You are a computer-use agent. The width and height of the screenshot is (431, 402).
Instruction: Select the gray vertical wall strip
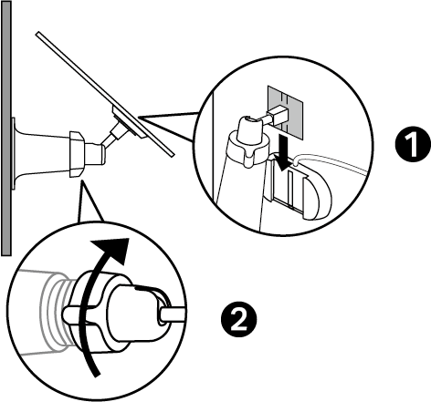[5, 128]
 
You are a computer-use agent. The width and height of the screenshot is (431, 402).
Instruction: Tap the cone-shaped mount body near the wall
[41, 149]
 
